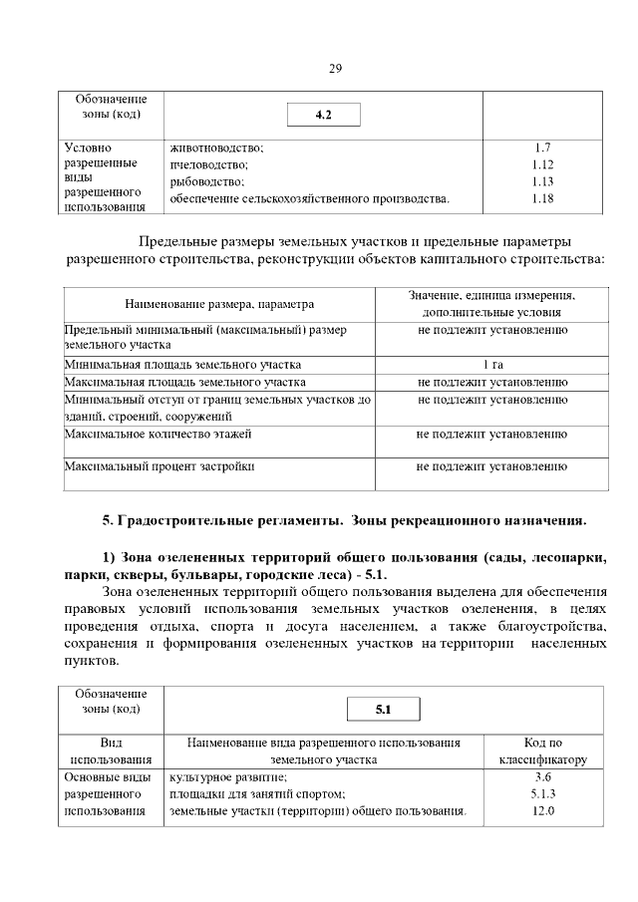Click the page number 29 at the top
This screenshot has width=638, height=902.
point(335,69)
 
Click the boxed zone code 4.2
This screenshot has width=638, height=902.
point(322,116)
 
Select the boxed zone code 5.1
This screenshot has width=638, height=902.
point(384,710)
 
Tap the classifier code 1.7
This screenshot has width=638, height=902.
point(542,148)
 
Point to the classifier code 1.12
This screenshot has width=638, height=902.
point(542,164)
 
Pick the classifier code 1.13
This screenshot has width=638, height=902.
point(542,181)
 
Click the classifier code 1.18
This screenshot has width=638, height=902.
point(542,198)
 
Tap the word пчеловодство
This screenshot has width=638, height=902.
point(209,164)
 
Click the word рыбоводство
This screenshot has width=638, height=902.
point(207,181)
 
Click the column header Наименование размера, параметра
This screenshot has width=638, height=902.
point(219,304)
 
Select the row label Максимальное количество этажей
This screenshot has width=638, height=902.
point(158,434)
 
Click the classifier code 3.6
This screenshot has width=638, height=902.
point(542,776)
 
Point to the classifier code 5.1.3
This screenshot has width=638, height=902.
point(542,793)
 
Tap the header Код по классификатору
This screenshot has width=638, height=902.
point(542,751)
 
